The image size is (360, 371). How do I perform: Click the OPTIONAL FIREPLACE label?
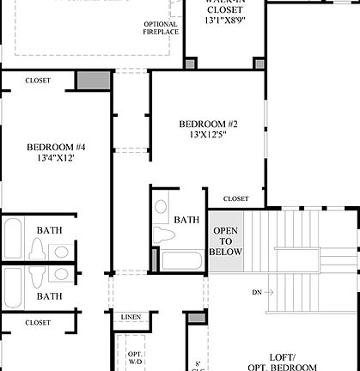pos(161,27)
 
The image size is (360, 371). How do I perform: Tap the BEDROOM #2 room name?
pos(208,124)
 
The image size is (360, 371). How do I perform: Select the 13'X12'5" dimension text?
pos(208,136)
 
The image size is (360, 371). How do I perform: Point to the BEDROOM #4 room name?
pos(56,147)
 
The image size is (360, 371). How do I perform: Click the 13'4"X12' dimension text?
pos(56,159)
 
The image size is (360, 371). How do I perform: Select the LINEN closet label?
pos(131,317)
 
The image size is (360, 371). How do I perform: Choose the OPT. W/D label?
pos(136,357)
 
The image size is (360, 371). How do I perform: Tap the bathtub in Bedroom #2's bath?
pos(182,259)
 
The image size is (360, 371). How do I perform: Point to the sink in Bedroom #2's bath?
pos(161,206)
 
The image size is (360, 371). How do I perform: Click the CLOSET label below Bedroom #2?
pos(235,199)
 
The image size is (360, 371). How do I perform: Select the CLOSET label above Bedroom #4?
pos(38,81)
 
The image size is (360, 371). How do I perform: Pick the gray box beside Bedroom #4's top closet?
pos(94,81)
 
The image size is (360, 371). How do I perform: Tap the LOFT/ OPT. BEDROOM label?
pos(284,361)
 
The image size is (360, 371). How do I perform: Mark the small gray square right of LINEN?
pos(197,318)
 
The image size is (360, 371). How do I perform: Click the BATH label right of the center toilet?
pos(186,220)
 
